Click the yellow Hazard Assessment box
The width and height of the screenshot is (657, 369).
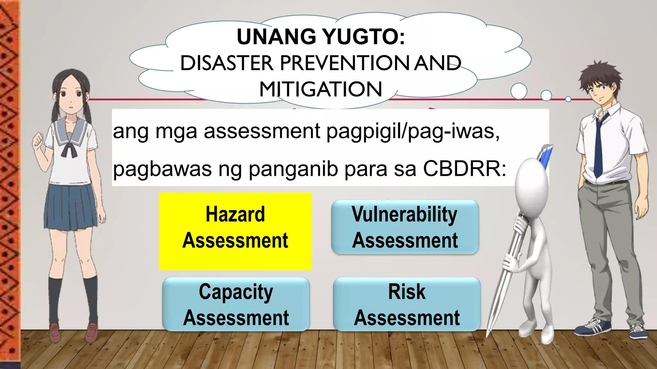pyautogui.click(x=235, y=231)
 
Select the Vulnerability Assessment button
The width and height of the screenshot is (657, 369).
pyautogui.click(x=405, y=227)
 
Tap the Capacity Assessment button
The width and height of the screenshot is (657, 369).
pyautogui.click(x=236, y=304)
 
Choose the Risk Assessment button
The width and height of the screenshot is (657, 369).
pyautogui.click(x=407, y=304)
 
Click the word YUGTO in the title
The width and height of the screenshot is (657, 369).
pyautogui.click(x=364, y=37)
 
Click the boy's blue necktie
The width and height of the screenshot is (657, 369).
pyautogui.click(x=598, y=147)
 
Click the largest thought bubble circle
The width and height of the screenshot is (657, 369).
pyautogui.click(x=518, y=91)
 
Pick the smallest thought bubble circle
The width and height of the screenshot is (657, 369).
pyautogui.click(x=568, y=99)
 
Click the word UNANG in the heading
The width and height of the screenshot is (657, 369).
pyautogui.click(x=276, y=37)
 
